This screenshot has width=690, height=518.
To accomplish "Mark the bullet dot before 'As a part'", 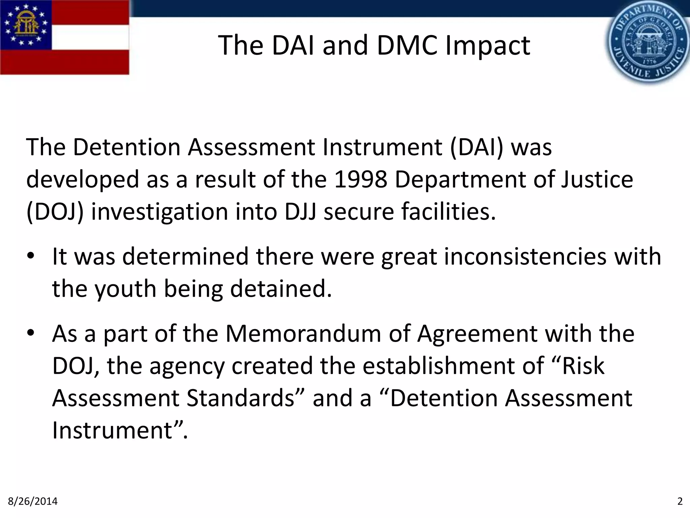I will (31, 334).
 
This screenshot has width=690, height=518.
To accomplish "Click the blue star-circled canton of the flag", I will (26, 25).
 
